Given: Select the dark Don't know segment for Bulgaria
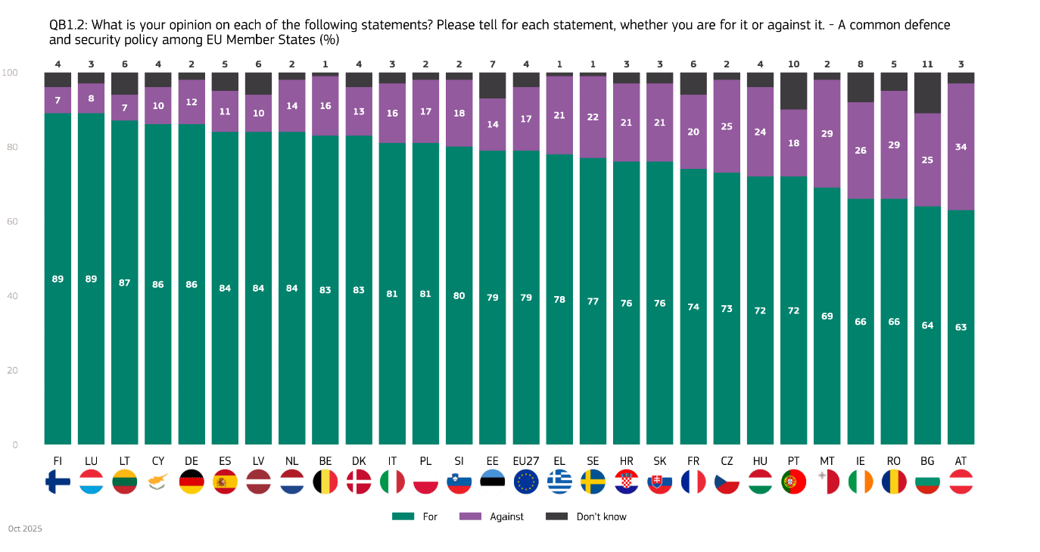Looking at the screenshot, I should pyautogui.click(x=927, y=92).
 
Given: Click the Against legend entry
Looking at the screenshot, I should pyautogui.click(x=493, y=516).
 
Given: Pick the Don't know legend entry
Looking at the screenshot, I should pyautogui.click(x=587, y=516).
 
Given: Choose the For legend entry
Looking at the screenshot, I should pyautogui.click(x=415, y=516).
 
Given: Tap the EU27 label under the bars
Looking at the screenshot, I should pyautogui.click(x=525, y=460).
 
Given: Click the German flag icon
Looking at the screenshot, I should pyautogui.click(x=191, y=482).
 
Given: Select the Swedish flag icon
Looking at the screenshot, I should pyautogui.click(x=593, y=482).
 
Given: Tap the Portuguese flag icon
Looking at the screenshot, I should pyautogui.click(x=793, y=482).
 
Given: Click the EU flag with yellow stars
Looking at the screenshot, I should pyautogui.click(x=525, y=482).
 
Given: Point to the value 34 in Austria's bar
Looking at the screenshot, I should pyautogui.click(x=961, y=147).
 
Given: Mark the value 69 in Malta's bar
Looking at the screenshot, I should pyautogui.click(x=827, y=316).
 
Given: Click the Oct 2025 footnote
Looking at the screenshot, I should pyautogui.click(x=25, y=529).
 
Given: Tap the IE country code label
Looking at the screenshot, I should pyautogui.click(x=860, y=460).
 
